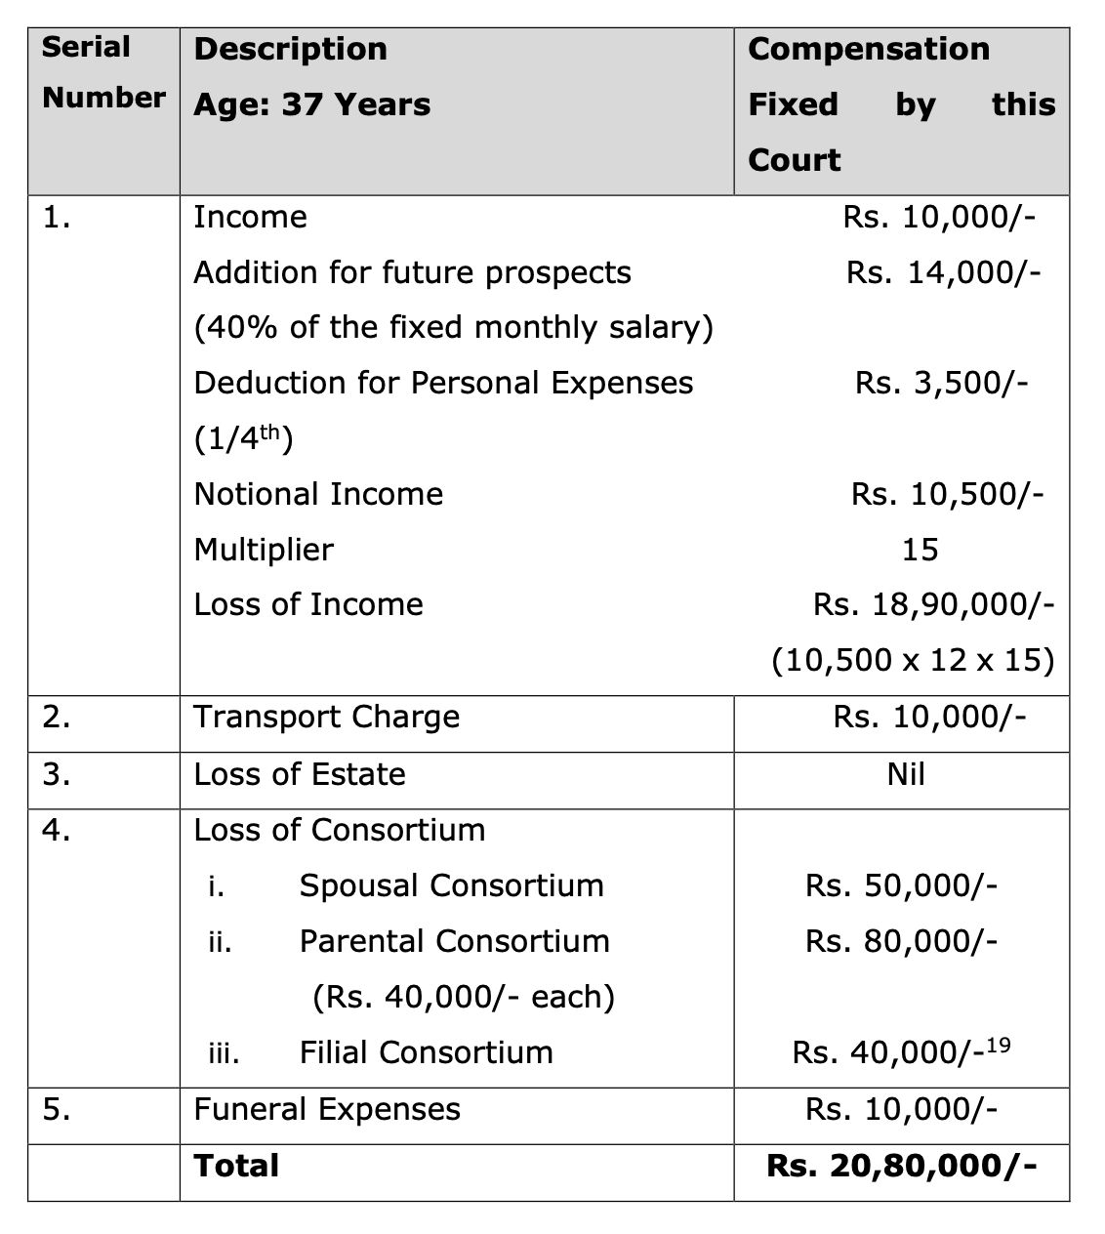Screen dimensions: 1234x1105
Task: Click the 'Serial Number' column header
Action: click(103, 72)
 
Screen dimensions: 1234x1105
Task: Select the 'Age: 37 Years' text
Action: click(311, 104)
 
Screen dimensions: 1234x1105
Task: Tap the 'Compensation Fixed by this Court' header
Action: click(901, 104)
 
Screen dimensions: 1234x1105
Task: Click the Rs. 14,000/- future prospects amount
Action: click(943, 272)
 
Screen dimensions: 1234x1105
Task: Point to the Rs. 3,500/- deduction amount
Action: click(941, 383)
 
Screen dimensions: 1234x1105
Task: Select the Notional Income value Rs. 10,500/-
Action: click(946, 494)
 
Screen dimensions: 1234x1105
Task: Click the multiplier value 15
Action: click(920, 550)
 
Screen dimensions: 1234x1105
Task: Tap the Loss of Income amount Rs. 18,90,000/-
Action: click(933, 605)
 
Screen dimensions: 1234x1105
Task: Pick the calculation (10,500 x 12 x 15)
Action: click(913, 661)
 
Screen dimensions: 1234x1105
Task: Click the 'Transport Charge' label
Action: click(326, 718)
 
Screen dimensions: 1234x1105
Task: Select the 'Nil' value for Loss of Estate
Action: click(906, 774)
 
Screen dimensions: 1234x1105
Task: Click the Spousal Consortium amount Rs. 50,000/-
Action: click(901, 885)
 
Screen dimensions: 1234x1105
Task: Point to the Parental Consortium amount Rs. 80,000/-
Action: click(901, 941)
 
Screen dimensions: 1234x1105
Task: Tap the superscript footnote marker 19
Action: click(999, 1046)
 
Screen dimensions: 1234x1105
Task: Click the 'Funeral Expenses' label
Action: click(326, 1110)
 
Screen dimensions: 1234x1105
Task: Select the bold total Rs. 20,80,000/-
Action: click(901, 1166)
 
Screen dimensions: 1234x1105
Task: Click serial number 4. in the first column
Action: click(57, 830)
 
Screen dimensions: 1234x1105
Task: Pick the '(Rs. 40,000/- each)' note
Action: click(464, 997)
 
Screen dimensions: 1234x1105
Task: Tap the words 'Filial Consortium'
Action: click(426, 1052)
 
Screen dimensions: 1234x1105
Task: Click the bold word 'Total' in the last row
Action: click(236, 1166)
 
